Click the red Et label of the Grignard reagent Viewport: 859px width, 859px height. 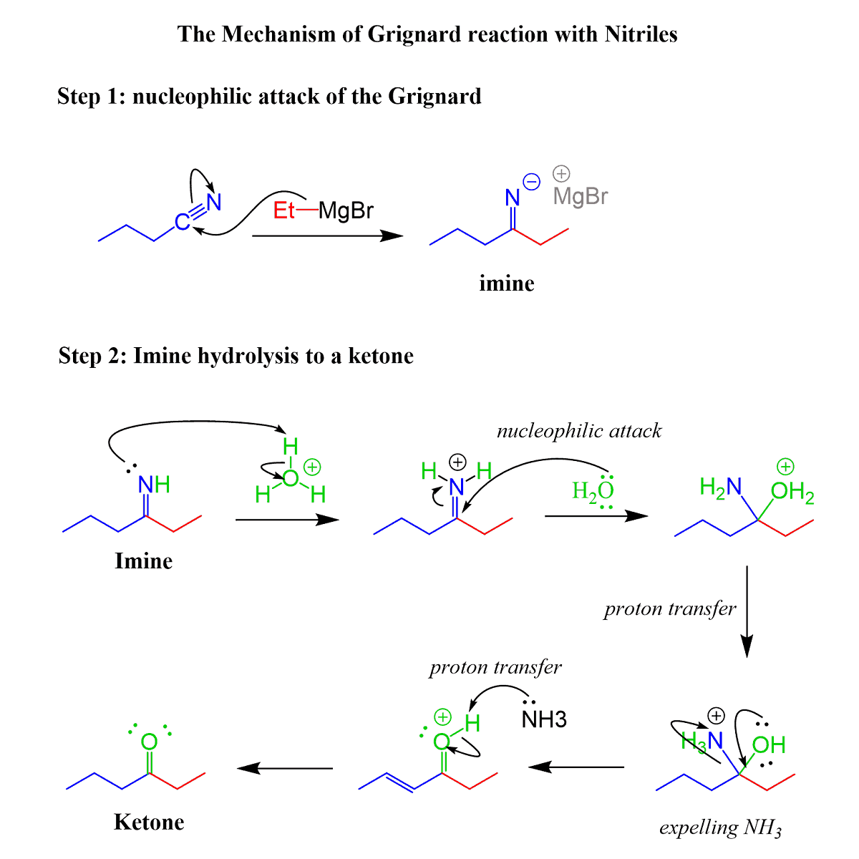tap(284, 211)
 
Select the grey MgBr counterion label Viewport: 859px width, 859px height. tap(581, 196)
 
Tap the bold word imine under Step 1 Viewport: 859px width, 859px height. tap(507, 283)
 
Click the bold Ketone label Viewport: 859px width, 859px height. tap(149, 822)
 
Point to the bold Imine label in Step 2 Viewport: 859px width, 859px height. tap(143, 560)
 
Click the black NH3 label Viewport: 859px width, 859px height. tap(544, 719)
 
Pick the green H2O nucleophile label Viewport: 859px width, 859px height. tap(593, 491)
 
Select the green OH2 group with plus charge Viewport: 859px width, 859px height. tap(792, 492)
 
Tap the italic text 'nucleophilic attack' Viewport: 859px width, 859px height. tap(578, 430)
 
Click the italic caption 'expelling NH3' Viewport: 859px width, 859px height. tap(719, 828)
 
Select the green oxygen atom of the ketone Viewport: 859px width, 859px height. tap(149, 742)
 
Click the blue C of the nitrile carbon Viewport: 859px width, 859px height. tap(183, 223)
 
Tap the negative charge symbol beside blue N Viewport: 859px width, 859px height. tap(532, 181)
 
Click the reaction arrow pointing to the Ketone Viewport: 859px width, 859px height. tap(285, 768)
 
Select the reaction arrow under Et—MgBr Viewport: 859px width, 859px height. tap(327, 236)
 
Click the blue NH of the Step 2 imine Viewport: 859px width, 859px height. tap(154, 485)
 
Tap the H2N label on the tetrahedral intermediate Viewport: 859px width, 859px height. tap(720, 488)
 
